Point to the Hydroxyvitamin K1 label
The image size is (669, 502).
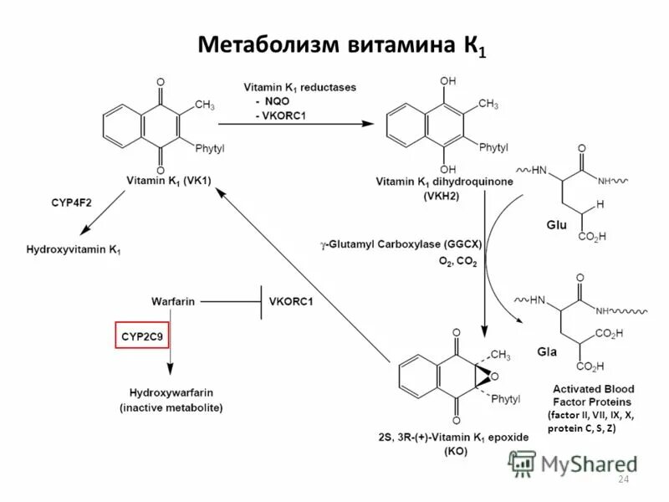tap(74, 249)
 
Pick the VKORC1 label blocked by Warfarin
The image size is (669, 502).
tap(291, 300)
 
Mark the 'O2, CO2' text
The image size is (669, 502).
tap(457, 262)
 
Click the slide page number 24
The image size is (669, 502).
tap(621, 479)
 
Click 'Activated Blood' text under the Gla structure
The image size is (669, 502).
tap(594, 389)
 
